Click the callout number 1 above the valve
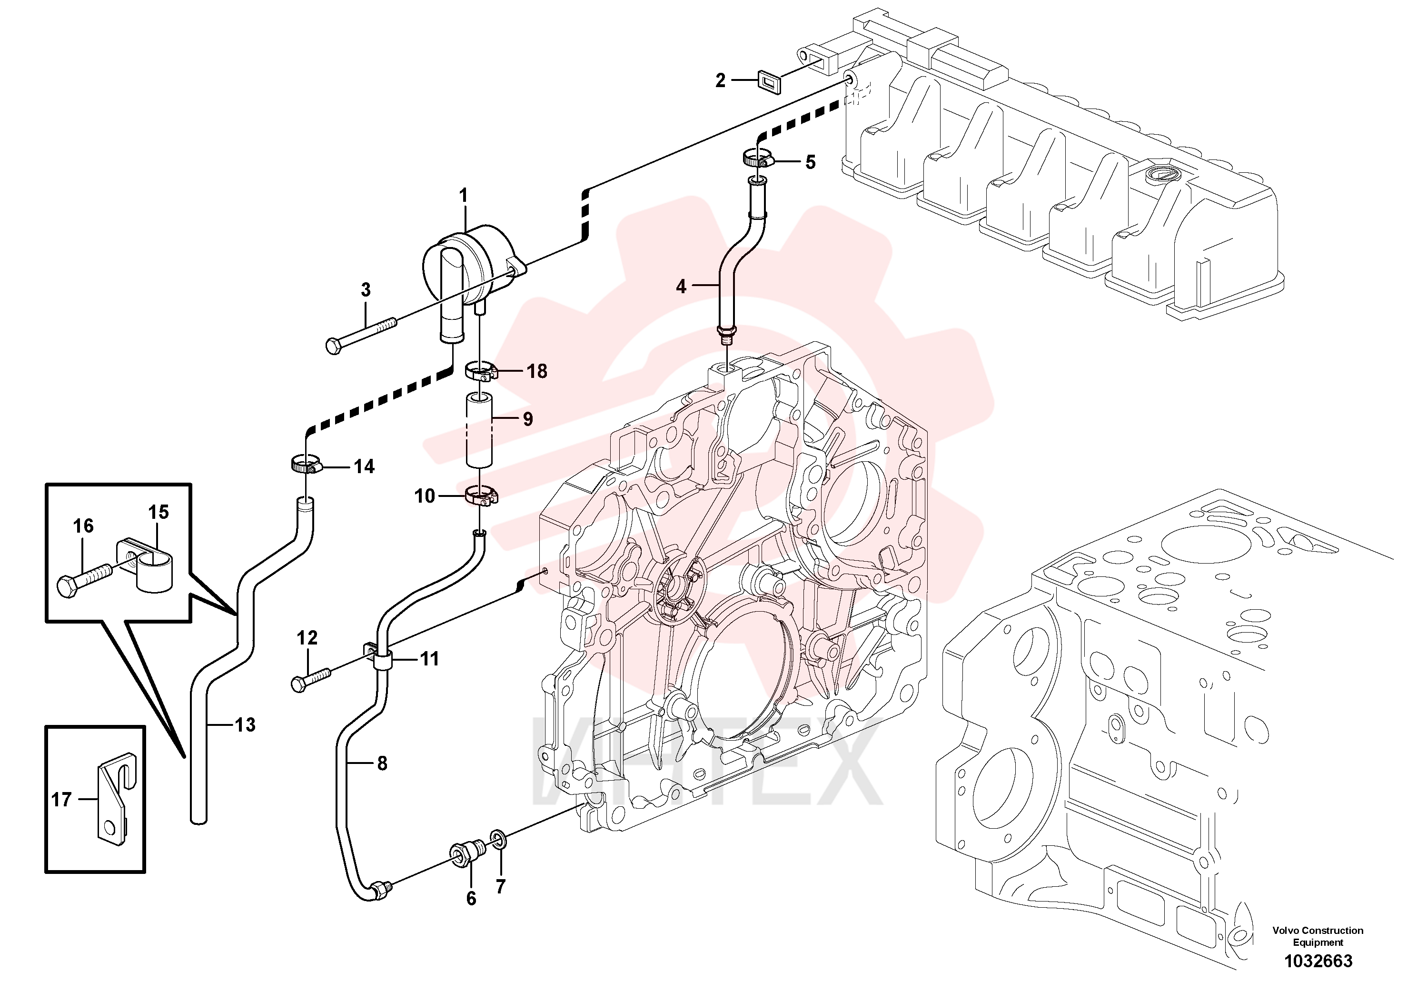coord(464,196)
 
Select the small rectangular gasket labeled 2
coord(770,81)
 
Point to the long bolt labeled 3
coord(362,335)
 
